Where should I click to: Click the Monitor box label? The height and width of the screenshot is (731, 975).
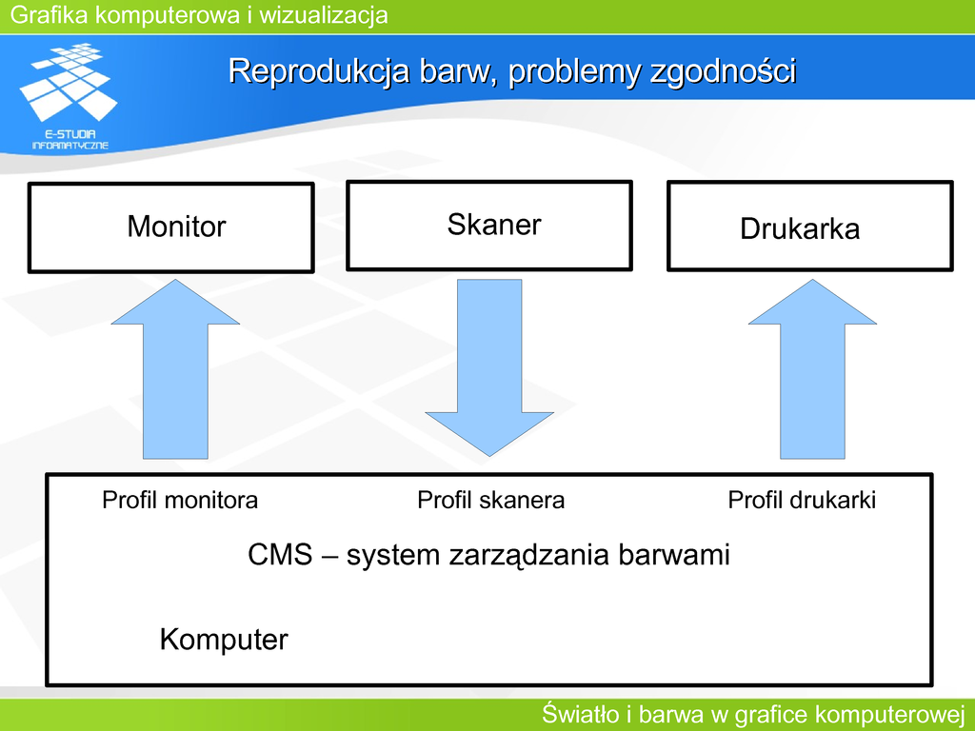176,227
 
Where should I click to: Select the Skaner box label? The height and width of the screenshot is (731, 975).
494,225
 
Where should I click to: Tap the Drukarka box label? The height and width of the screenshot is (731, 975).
800,228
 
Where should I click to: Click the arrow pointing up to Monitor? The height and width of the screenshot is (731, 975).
175,369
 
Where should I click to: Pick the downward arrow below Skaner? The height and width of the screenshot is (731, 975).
489,367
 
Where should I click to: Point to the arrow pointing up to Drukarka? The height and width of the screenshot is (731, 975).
813,369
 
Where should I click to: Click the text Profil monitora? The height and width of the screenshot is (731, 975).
180,500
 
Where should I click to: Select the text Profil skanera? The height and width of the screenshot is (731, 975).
490,500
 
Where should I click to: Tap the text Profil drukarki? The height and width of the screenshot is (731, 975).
802,500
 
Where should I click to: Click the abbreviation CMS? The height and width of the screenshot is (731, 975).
280,555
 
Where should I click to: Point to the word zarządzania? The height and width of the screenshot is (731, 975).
528,556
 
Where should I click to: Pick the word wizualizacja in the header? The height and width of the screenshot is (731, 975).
324,15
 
